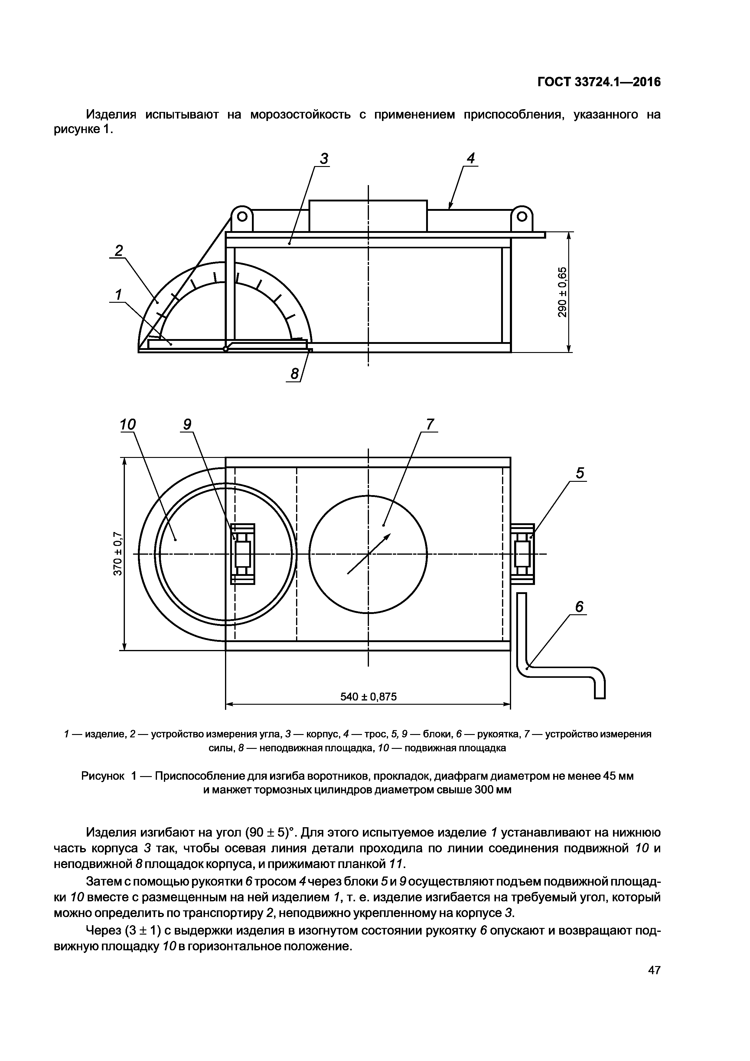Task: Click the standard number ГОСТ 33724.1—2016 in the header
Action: tap(599, 82)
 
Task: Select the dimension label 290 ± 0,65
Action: tap(562, 292)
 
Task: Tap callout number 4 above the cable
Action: tap(471, 158)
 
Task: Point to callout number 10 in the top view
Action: tap(128, 424)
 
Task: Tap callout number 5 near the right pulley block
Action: tap(579, 473)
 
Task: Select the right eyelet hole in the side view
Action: tap(522, 216)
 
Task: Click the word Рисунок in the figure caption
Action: tap(103, 776)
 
